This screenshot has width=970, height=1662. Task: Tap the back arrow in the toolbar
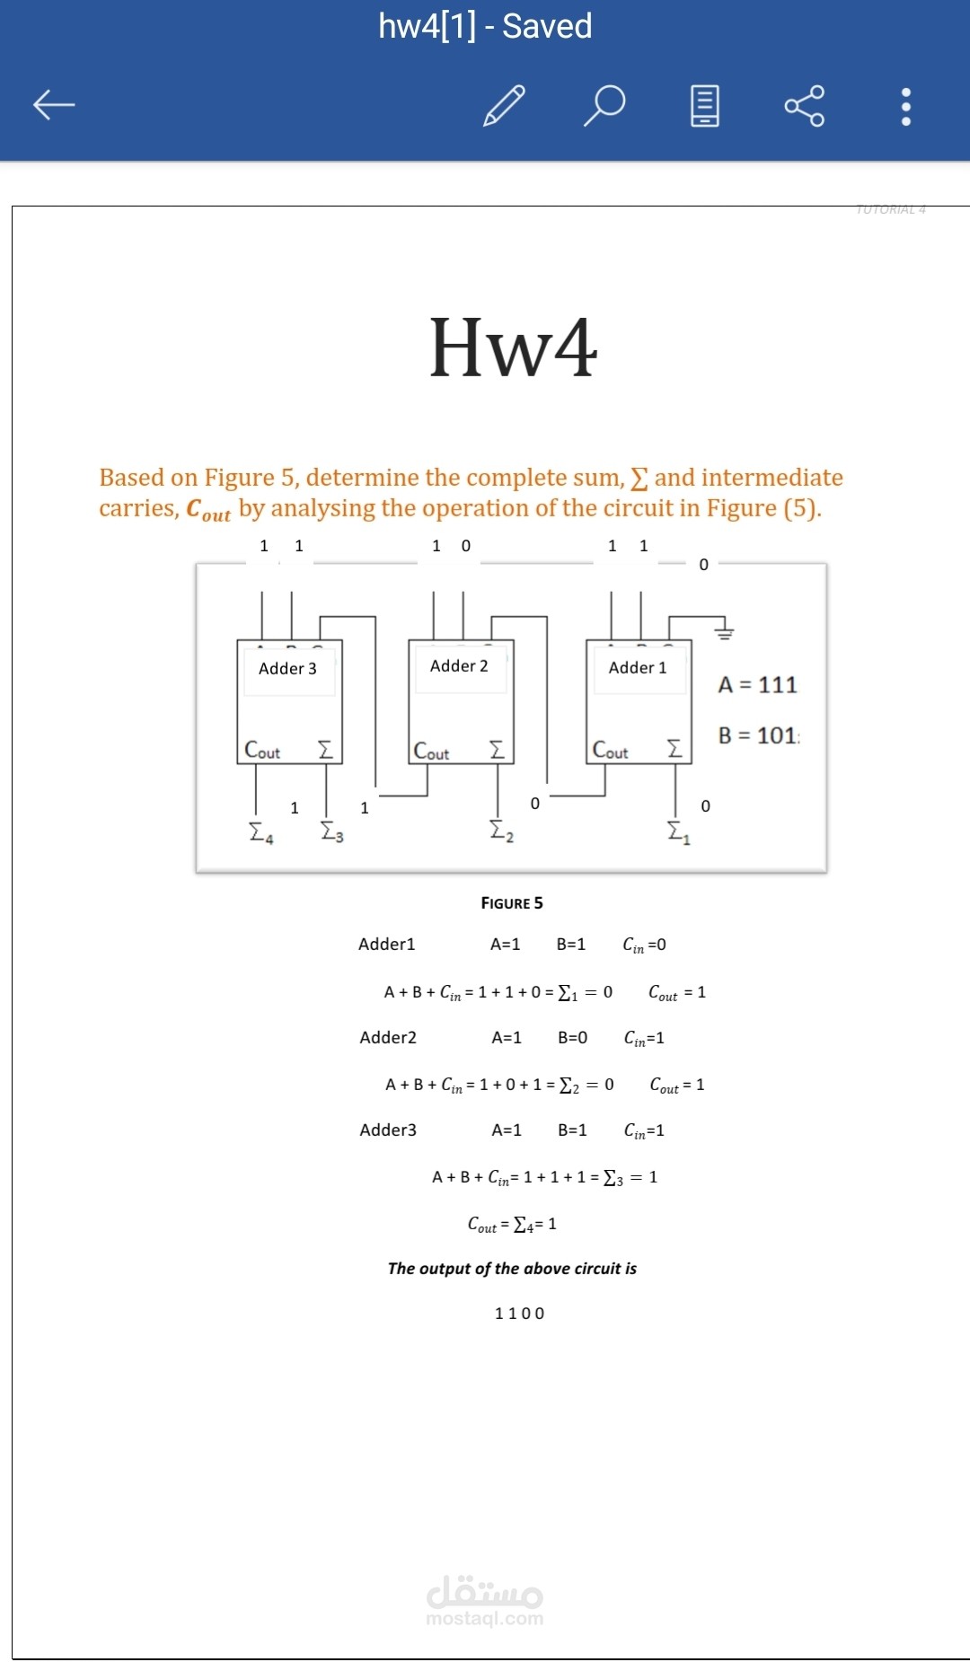[x=54, y=105]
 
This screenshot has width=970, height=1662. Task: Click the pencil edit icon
[x=504, y=105]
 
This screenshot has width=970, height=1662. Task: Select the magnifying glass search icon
[x=604, y=105]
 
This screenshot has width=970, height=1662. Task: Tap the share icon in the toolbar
[x=804, y=106]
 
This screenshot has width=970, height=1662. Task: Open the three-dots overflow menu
[x=905, y=106]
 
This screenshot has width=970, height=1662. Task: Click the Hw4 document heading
[x=513, y=347]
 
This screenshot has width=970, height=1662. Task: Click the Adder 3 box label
[x=287, y=668]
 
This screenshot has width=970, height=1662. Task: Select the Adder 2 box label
[x=459, y=665]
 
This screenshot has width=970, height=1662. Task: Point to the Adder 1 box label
[x=638, y=667]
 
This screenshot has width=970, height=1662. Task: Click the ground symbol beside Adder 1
[x=724, y=632]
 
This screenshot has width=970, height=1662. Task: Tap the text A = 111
[x=757, y=685]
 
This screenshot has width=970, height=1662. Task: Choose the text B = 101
[x=758, y=735]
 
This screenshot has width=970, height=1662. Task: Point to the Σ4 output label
[x=260, y=832]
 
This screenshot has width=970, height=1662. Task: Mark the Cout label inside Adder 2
[x=431, y=752]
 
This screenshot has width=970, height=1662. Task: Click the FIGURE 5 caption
[x=512, y=902]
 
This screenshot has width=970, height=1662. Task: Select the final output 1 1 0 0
[x=519, y=1314]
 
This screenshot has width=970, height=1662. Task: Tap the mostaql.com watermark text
[x=485, y=1618]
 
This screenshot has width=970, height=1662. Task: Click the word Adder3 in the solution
[x=388, y=1130]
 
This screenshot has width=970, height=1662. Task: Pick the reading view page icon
[x=705, y=106]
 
